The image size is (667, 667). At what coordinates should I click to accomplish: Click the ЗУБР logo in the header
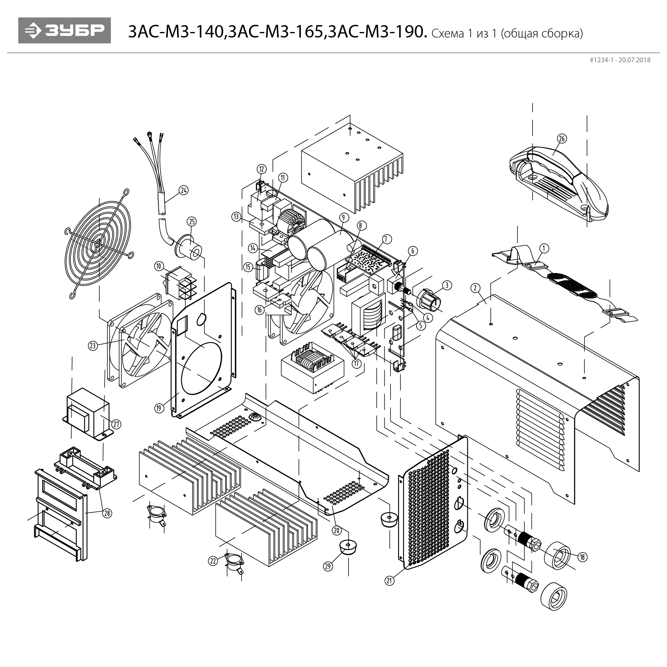[x=65, y=30]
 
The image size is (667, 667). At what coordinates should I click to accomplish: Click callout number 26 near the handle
[x=562, y=138]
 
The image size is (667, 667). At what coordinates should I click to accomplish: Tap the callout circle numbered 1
[x=544, y=248]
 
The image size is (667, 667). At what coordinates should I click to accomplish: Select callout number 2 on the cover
[x=475, y=288]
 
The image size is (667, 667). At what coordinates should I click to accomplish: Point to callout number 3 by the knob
[x=447, y=285]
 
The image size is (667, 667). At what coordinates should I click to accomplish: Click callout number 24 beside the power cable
[x=184, y=190]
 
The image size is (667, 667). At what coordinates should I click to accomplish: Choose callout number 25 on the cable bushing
[x=192, y=221]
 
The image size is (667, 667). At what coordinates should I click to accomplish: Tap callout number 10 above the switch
[x=159, y=266]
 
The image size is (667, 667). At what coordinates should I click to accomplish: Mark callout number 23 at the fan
[x=93, y=345]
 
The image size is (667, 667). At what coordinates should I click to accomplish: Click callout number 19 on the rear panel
[x=159, y=408]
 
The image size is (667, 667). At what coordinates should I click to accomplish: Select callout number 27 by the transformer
[x=116, y=424]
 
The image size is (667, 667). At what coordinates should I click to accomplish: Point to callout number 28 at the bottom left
[x=107, y=513]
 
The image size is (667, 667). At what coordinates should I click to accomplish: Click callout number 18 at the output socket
[x=582, y=557]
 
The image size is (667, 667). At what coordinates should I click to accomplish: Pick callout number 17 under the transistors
[x=356, y=363]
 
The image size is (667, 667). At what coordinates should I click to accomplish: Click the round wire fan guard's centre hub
[x=99, y=243]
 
